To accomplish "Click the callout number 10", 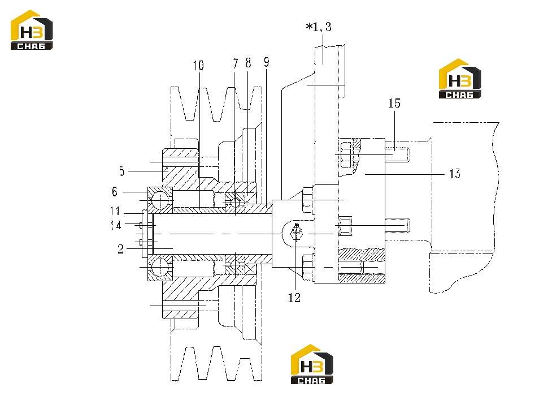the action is [198, 66].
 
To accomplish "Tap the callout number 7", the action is [236, 64].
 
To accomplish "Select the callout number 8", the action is [249, 63].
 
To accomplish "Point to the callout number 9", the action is [267, 62].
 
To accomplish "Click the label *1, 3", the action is [319, 27].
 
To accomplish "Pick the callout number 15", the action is [394, 103].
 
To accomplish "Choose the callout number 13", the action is [455, 174].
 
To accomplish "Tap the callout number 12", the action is [294, 298].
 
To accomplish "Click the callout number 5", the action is [121, 171].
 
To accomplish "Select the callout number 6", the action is [115, 192].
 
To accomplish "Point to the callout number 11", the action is [115, 210].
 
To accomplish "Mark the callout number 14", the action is [116, 225].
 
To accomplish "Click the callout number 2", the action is [120, 249].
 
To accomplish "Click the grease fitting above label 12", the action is [297, 233].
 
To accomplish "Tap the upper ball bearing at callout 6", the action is [160, 200].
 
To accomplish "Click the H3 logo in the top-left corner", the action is [32, 30].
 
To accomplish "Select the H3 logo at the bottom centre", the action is [312, 364].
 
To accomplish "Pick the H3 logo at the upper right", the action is [460, 79].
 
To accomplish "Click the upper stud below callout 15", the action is [397, 154].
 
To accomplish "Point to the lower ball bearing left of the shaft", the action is [160, 268].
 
